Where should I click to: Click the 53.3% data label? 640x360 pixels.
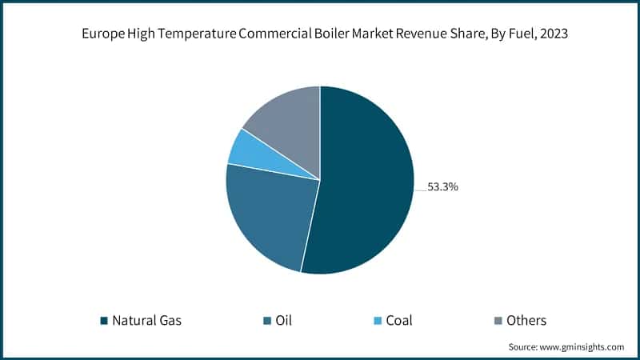(442, 187)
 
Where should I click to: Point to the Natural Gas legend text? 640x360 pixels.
(146, 321)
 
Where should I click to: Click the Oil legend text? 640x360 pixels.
(283, 321)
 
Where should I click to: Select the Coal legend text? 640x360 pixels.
(400, 321)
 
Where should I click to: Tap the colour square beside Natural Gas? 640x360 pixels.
(103, 322)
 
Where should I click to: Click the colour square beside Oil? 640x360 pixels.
(266, 322)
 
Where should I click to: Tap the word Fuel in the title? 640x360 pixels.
(510, 36)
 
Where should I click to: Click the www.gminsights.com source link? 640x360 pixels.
(584, 347)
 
